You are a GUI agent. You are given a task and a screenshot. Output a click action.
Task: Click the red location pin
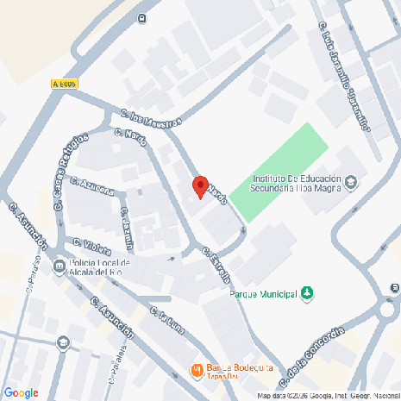tap(200, 186)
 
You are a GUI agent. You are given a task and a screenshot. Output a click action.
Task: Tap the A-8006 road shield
tap(65, 84)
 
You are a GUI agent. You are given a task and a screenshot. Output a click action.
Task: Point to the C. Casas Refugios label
tap(71, 170)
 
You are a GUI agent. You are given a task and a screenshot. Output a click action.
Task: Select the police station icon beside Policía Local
tap(59, 266)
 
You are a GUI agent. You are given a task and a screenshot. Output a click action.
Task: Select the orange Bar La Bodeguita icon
tap(196, 371)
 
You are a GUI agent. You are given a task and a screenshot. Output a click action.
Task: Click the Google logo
tap(21, 392)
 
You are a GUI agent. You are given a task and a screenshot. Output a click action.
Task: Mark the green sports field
tap(276, 172)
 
